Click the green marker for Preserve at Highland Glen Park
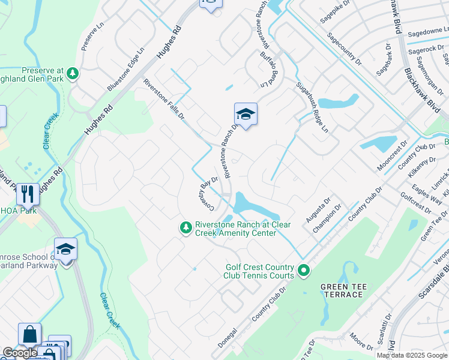point(73,73)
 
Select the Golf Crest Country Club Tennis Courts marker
point(304,271)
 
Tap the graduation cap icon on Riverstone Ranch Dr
point(246,113)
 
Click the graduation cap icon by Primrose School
point(65,249)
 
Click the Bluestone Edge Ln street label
point(126,69)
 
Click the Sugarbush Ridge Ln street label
point(312,108)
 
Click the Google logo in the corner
point(20,353)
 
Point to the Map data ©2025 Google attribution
point(411,355)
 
